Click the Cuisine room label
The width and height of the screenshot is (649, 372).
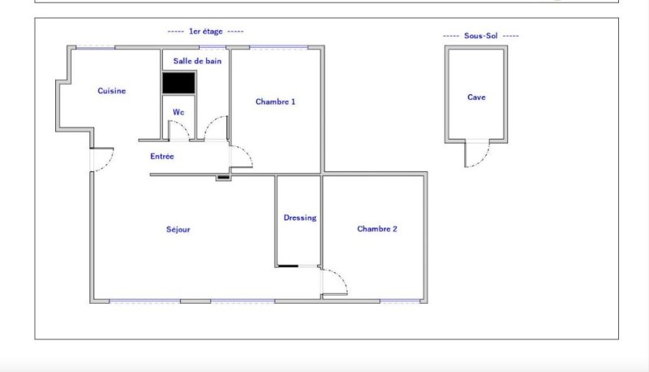(x=112, y=91)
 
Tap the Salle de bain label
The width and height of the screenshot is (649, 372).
(x=197, y=61)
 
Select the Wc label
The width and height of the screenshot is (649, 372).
(x=178, y=112)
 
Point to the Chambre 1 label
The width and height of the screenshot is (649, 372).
(x=275, y=102)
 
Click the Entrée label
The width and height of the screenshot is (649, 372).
(x=161, y=156)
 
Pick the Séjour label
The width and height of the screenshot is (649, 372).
(x=178, y=229)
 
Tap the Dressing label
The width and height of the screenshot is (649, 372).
(x=300, y=218)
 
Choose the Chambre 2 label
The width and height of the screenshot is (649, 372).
(x=377, y=229)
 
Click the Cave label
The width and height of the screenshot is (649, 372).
(x=476, y=97)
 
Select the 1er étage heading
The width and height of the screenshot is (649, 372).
(x=206, y=31)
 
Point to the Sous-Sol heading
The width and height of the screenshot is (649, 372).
(x=481, y=36)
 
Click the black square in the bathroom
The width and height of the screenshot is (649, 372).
(x=178, y=83)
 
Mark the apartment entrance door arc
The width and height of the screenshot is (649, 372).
(x=109, y=162)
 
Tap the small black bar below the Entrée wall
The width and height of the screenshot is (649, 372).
(x=224, y=178)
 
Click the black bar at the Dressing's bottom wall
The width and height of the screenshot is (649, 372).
(x=288, y=266)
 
